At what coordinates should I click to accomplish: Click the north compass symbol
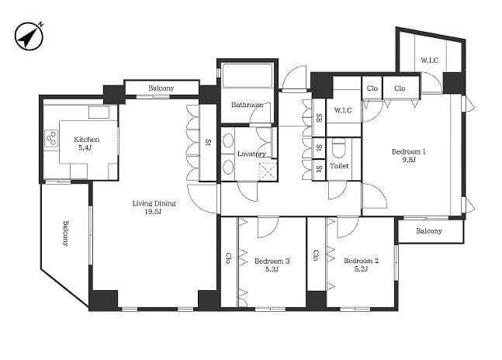pos(29,36)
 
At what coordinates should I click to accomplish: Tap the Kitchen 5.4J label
pos(86,144)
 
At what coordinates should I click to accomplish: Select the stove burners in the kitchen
pos(51,139)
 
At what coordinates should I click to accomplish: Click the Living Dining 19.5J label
pos(154,207)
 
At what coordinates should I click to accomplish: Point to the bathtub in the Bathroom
pos(248,75)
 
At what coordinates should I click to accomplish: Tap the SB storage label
pos(319,118)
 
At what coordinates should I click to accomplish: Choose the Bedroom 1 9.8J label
pos(409,155)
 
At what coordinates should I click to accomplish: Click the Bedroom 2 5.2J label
pos(361,265)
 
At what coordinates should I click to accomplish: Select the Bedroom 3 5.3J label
pos(272,265)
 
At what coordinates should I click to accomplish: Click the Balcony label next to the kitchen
pos(65,233)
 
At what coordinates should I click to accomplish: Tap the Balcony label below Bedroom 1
pos(429,230)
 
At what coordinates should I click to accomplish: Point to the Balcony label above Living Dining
pos(161,88)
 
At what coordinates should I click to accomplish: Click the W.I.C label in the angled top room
pos(429,60)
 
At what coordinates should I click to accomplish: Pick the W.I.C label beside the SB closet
pos(343,110)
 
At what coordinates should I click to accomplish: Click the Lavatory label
pos(251,154)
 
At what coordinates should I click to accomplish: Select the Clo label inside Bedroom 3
pos(228,258)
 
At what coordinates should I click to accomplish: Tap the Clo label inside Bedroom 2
pos(316,255)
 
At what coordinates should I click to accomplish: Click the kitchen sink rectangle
pos(99,112)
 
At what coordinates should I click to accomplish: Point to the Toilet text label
pos(339,166)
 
